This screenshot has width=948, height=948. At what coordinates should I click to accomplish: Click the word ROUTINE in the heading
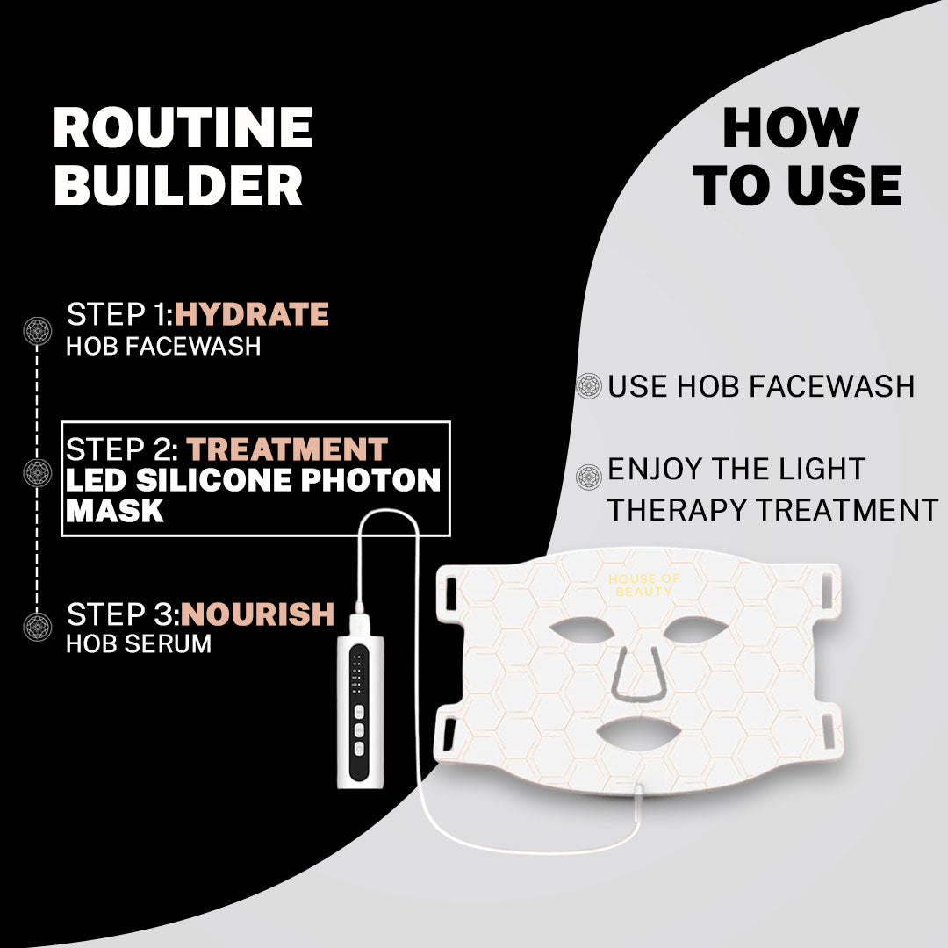coord(183,127)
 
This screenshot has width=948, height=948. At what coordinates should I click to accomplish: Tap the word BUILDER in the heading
coord(178,184)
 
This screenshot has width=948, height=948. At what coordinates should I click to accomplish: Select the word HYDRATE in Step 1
coord(252,314)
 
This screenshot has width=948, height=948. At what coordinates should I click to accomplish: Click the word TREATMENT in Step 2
coord(287,449)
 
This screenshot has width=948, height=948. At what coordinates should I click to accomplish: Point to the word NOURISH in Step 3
coord(257,614)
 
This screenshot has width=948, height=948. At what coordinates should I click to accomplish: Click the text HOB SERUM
coord(139,644)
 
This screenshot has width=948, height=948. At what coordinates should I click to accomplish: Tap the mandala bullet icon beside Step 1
coord(38,331)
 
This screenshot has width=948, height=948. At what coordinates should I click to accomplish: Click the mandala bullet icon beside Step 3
coord(38,627)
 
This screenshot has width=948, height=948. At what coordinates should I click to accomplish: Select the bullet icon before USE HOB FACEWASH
coord(589,385)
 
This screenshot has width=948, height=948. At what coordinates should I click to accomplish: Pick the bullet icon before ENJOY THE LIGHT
coord(589,477)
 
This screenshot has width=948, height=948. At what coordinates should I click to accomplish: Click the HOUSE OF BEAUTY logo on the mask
coord(644,585)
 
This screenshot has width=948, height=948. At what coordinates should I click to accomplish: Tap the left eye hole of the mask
coord(582,631)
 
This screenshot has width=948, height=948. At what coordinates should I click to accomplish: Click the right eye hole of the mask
coord(696,630)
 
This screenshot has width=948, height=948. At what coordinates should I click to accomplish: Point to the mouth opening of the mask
coord(639,733)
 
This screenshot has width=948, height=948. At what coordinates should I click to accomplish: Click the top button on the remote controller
coord(358,710)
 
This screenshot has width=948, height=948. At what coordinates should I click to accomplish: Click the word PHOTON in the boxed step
coord(370,480)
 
